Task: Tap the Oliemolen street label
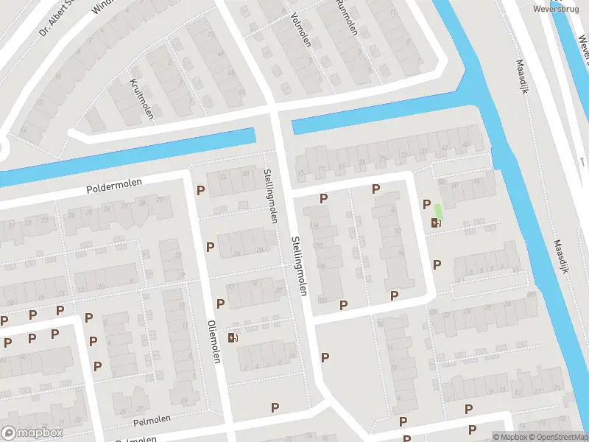(x=214, y=341)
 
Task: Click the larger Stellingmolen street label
(x=298, y=265)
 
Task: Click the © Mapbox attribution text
(x=509, y=437)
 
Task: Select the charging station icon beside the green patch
(x=436, y=223)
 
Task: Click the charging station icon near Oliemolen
(x=233, y=337)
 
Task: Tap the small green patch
(x=438, y=209)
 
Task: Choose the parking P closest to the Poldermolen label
(x=200, y=190)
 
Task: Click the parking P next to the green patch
(x=426, y=204)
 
